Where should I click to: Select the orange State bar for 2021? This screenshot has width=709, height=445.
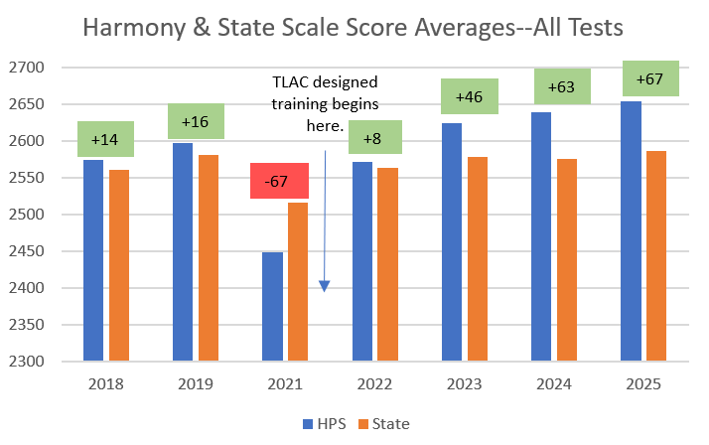click(298, 281)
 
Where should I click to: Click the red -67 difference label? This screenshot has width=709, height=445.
click(280, 181)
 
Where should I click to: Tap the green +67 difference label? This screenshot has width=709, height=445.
click(649, 78)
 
